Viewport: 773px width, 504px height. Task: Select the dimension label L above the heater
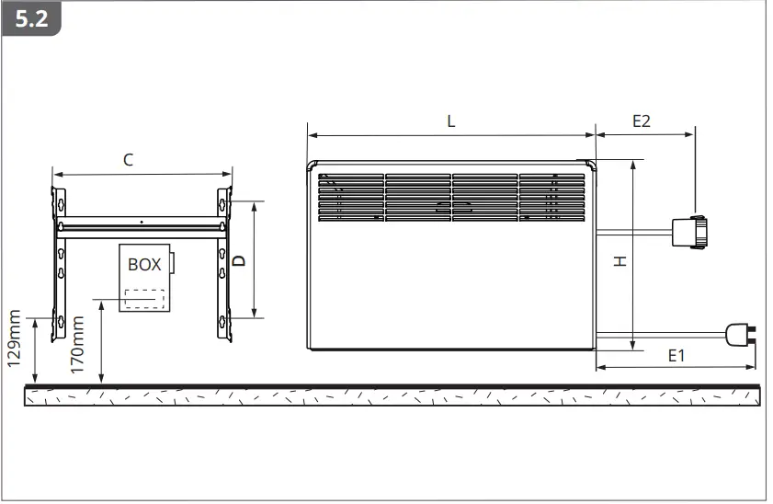click(x=450, y=120)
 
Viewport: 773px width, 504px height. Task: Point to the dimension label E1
click(x=676, y=355)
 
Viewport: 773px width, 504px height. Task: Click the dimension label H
click(x=620, y=262)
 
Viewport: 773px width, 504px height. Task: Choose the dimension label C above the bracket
click(x=129, y=159)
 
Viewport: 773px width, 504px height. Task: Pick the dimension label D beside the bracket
click(x=239, y=260)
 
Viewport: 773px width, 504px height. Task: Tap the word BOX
click(x=143, y=265)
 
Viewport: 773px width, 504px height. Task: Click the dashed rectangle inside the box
click(x=145, y=300)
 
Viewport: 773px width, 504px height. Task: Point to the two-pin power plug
click(x=739, y=334)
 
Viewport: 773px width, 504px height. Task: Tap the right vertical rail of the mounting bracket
click(x=223, y=262)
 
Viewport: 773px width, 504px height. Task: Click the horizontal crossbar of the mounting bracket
click(x=142, y=223)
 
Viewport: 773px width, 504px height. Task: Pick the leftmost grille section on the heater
click(x=349, y=198)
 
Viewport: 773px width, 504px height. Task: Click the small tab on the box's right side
click(x=172, y=262)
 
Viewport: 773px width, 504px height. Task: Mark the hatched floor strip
click(x=393, y=396)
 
